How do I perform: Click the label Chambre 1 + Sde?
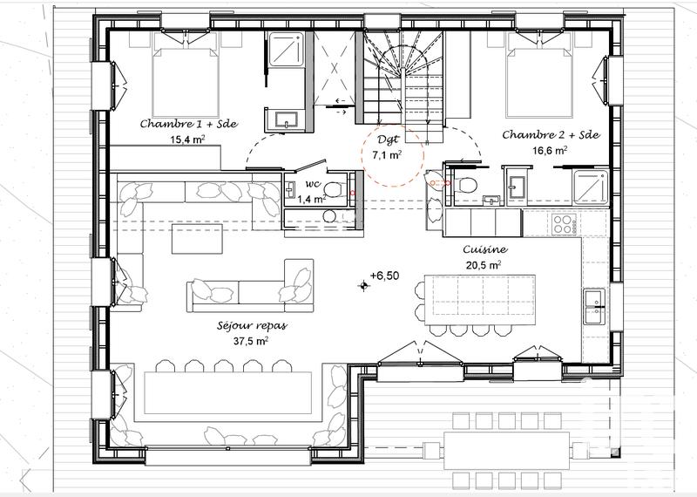coord(189,124)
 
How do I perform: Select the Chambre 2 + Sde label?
coord(550,134)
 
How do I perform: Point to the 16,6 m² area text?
coord(550,149)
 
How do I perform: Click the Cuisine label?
coord(485,248)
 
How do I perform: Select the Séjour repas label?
coord(253,326)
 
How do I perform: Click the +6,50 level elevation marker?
coord(383,276)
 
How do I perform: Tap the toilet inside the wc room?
coord(332,188)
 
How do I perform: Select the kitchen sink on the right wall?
coord(596,305)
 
